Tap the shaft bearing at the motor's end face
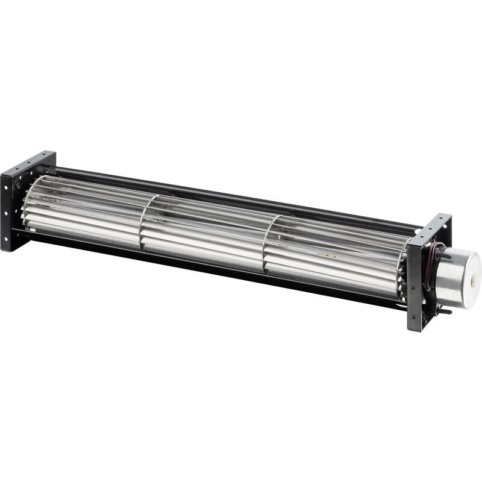(474, 281)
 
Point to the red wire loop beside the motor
(429, 265)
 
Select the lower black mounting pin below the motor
(445, 311)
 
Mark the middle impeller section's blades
(205, 232)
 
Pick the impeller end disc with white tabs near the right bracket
(400, 271)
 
